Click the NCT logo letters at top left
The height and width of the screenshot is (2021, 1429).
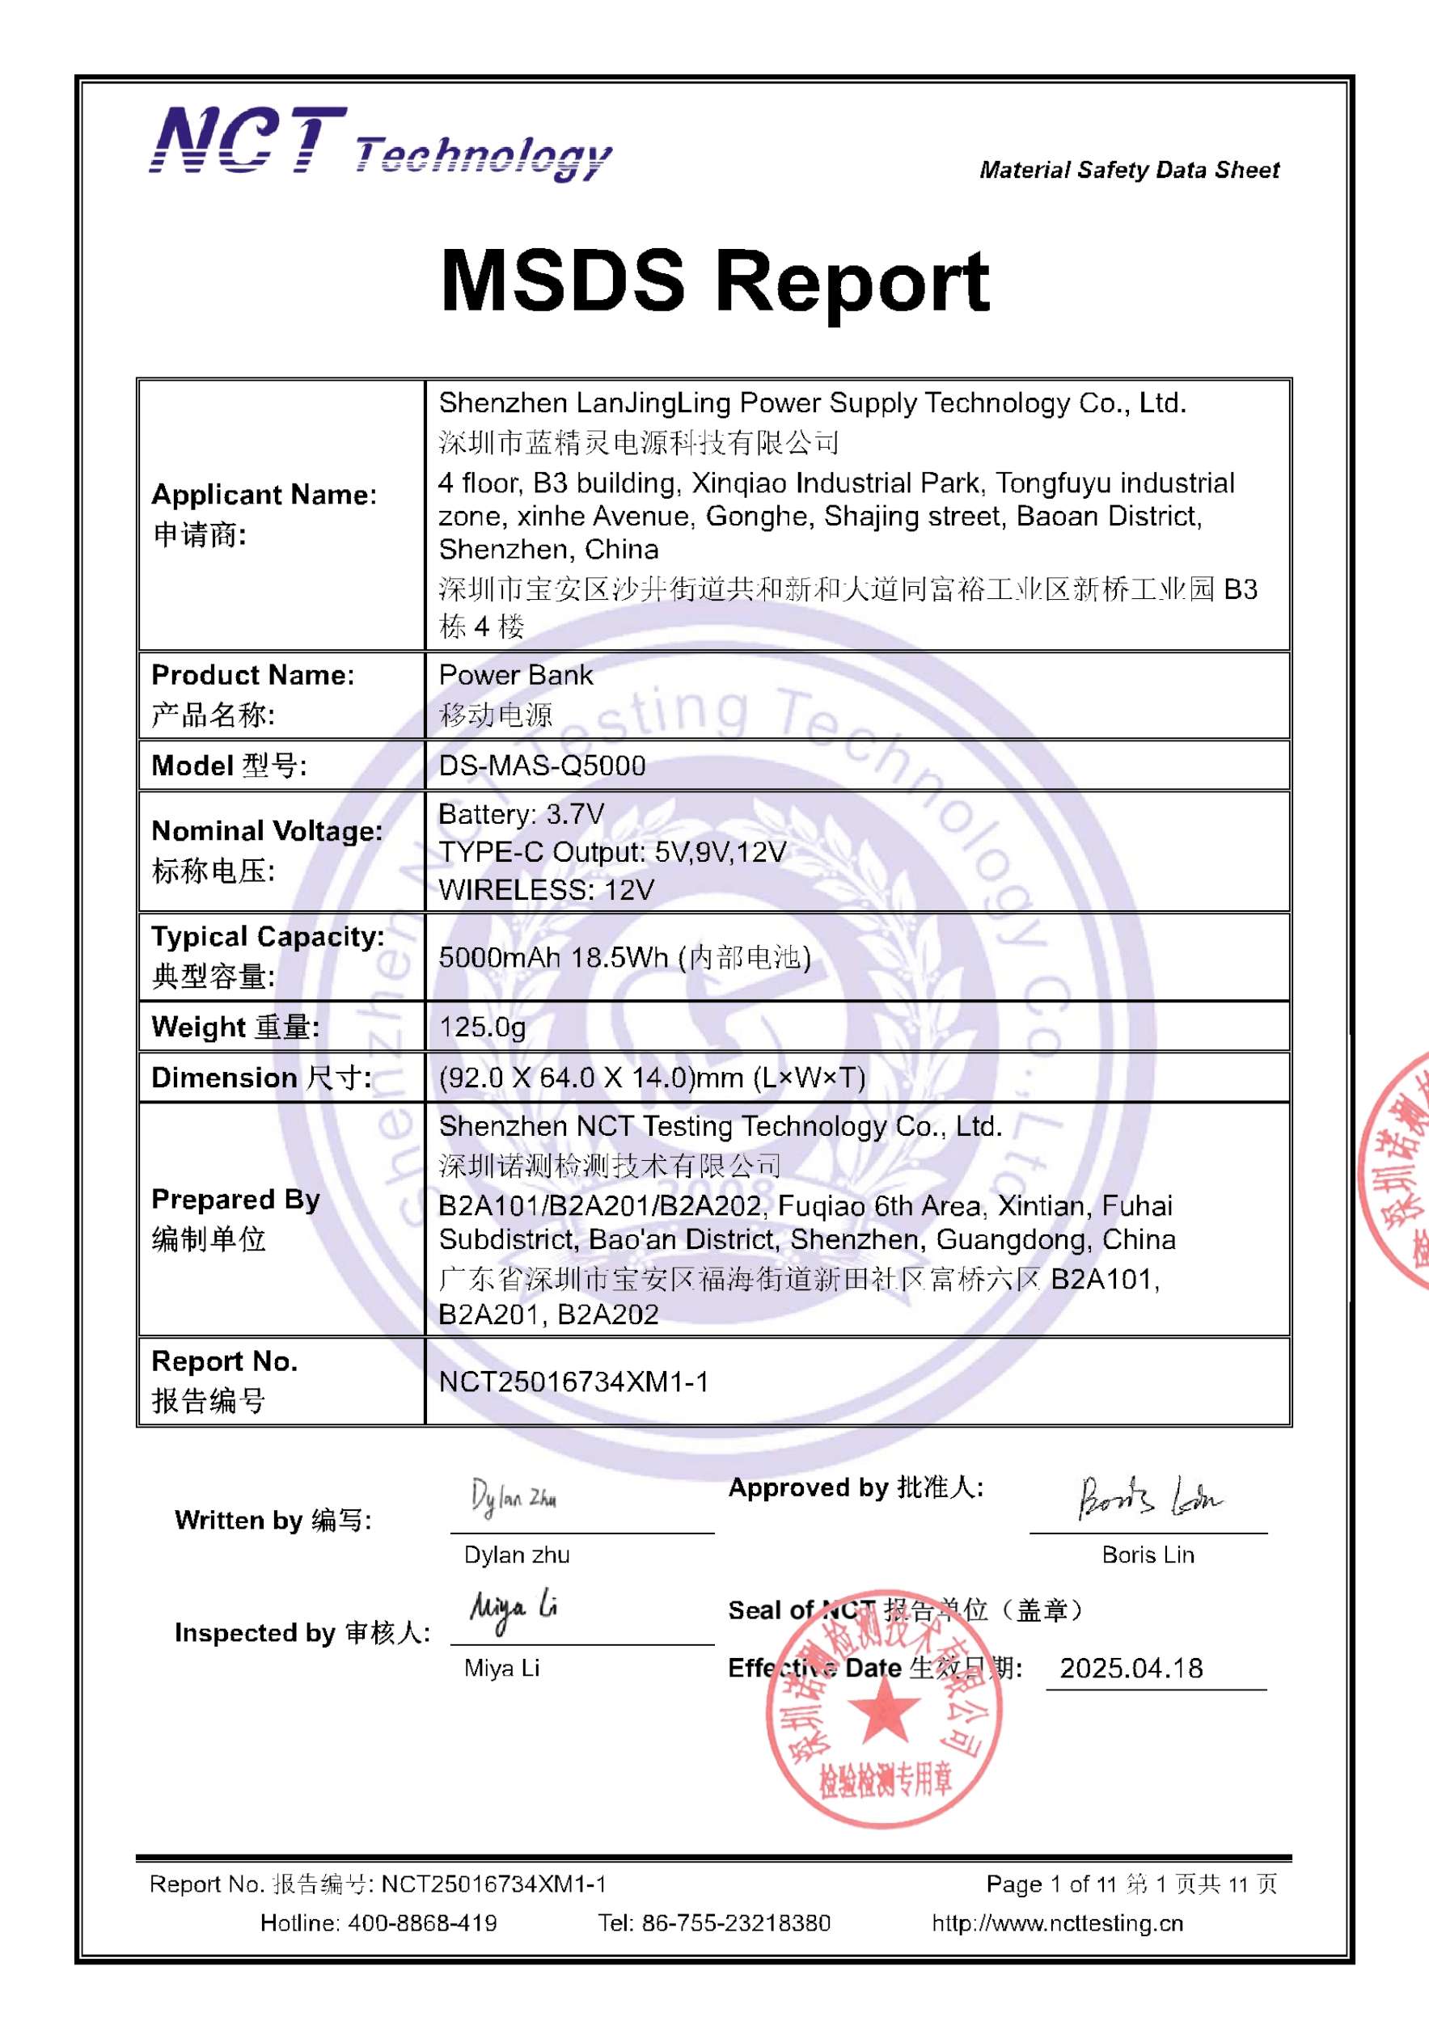click(248, 140)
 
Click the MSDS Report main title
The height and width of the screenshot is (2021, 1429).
click(714, 281)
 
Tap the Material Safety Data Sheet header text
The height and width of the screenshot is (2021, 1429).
click(1129, 170)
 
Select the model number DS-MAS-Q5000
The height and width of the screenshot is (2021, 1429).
click(542, 766)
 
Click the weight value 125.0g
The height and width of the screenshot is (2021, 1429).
click(482, 1027)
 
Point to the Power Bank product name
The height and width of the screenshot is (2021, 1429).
click(515, 675)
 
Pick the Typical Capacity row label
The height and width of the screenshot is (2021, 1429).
click(268, 937)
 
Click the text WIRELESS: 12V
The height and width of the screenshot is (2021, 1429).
click(546, 890)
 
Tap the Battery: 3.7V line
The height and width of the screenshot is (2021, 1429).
click(522, 814)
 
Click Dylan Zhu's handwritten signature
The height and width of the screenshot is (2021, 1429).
click(514, 1497)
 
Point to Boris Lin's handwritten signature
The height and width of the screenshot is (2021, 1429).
click(1148, 1497)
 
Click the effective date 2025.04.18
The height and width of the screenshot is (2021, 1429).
click(1131, 1668)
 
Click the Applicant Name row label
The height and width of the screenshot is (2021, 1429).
click(264, 496)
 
